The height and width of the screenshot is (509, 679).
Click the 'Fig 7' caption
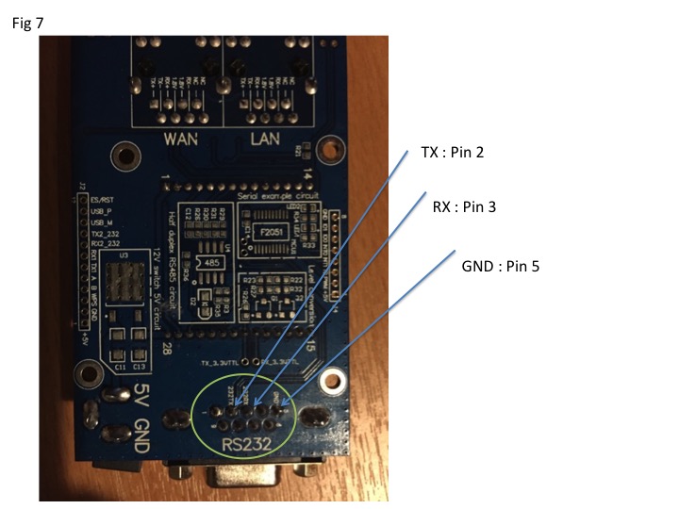[27, 24]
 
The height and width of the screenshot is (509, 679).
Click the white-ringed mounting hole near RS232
[331, 383]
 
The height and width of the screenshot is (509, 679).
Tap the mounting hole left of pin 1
[121, 156]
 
